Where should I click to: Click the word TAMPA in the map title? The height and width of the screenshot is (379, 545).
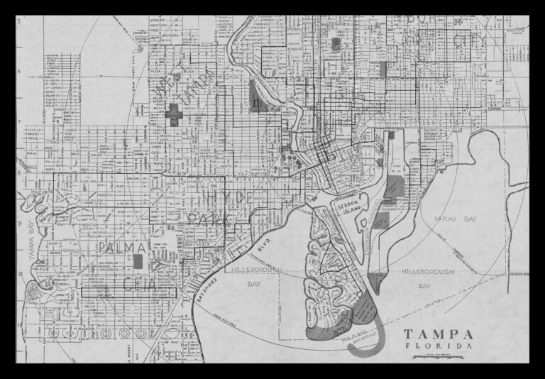pyautogui.click(x=439, y=334)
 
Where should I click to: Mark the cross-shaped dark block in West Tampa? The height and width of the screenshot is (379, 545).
pyautogui.click(x=175, y=114)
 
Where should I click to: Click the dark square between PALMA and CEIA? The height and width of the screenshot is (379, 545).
pyautogui.click(x=138, y=260)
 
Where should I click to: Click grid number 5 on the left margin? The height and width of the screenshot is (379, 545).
pyautogui.click(x=20, y=21)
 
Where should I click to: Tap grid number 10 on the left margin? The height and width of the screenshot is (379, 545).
pyautogui.click(x=20, y=273)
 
